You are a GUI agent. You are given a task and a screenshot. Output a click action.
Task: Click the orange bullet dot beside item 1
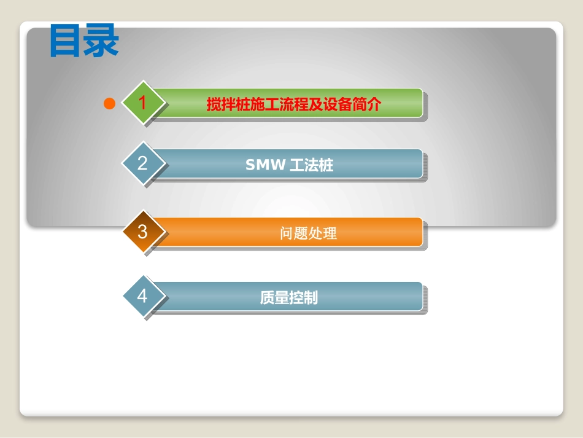point(110,104)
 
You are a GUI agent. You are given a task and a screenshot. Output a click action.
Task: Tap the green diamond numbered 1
point(143,103)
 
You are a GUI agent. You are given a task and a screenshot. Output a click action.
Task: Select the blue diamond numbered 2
point(143,163)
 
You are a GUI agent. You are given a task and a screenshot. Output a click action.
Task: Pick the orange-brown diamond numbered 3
point(143,232)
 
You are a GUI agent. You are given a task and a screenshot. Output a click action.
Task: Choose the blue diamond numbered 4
point(143,296)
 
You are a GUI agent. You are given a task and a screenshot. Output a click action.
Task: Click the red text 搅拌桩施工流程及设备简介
point(293,104)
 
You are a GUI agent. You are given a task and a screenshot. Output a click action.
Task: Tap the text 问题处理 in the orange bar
point(308,233)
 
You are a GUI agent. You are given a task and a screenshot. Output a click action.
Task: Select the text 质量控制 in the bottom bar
point(288,298)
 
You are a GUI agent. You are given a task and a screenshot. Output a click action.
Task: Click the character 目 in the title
point(66,42)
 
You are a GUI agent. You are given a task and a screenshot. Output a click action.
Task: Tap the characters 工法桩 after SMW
point(311,165)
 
